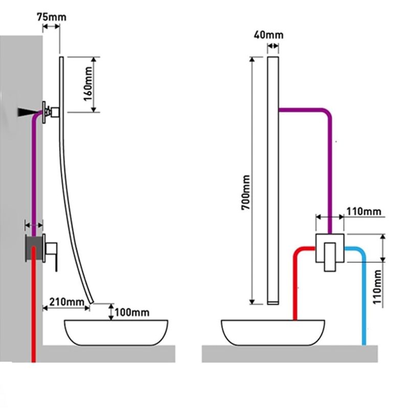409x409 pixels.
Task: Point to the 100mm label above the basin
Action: (132, 312)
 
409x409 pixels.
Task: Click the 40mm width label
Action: (268, 35)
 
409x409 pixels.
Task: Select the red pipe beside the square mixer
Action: (295, 286)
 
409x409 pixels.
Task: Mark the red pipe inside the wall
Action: (34, 307)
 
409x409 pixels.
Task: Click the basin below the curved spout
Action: (116, 332)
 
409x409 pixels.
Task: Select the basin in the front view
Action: (272, 332)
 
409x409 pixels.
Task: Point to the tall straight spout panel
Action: (272, 179)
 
